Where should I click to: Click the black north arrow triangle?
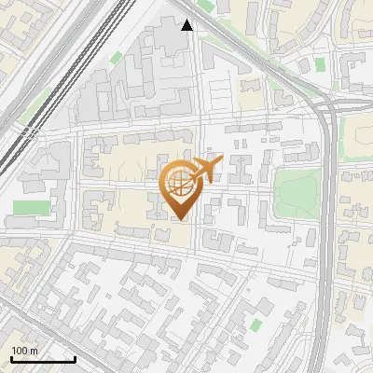[187, 25]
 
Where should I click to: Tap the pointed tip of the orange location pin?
[179, 219]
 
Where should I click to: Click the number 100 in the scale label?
[20, 351]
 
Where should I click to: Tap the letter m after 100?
[34, 351]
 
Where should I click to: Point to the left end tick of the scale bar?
[11, 359]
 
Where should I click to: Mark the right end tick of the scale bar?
[75, 359]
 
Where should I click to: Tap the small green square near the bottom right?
[256, 325]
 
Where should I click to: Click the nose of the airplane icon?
[220, 162]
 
